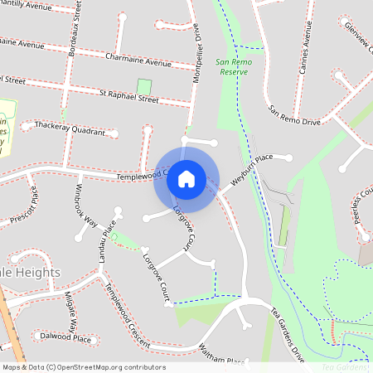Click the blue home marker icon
point(186,178)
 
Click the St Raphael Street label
point(128,98)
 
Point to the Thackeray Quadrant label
point(70,128)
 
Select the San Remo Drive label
point(293,115)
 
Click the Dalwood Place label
point(65,338)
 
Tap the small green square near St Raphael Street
point(144,86)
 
